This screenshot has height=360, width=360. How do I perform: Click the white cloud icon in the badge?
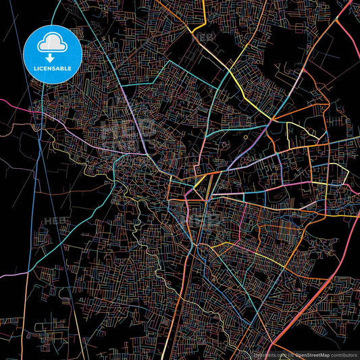[52, 44]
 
